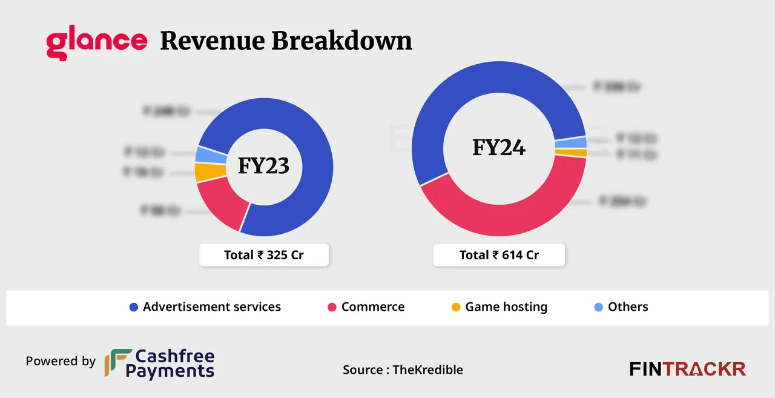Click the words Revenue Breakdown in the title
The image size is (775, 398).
click(x=286, y=41)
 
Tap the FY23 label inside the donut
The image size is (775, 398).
click(x=263, y=166)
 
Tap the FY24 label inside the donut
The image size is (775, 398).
click(x=499, y=147)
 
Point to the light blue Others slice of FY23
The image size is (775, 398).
click(x=203, y=154)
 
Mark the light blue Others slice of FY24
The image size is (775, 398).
click(x=579, y=142)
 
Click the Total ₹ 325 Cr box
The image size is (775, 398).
click(x=264, y=255)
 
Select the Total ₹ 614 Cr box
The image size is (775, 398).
click(x=499, y=255)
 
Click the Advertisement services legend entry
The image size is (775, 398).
click(x=205, y=307)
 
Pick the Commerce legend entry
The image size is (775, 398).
click(x=366, y=307)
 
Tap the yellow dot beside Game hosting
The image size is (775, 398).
click(x=456, y=307)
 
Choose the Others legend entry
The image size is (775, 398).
click(x=621, y=307)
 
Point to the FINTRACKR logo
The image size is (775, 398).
click(x=687, y=369)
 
